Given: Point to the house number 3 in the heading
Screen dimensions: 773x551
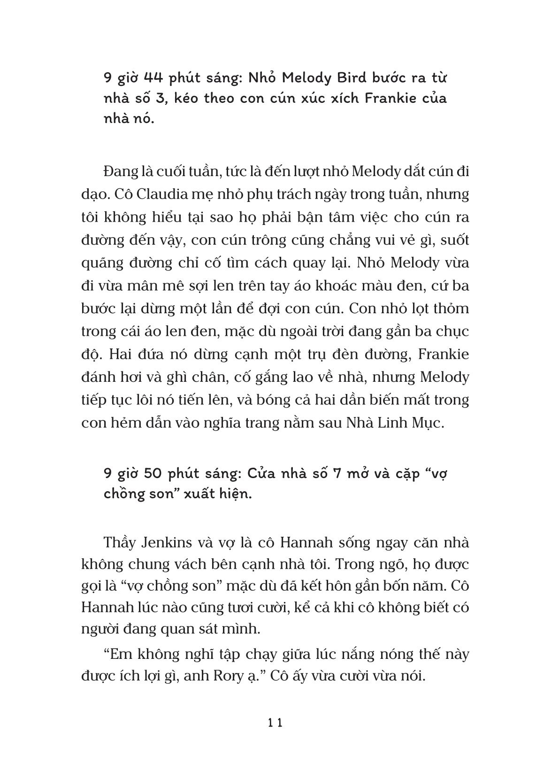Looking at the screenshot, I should (x=170, y=99).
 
